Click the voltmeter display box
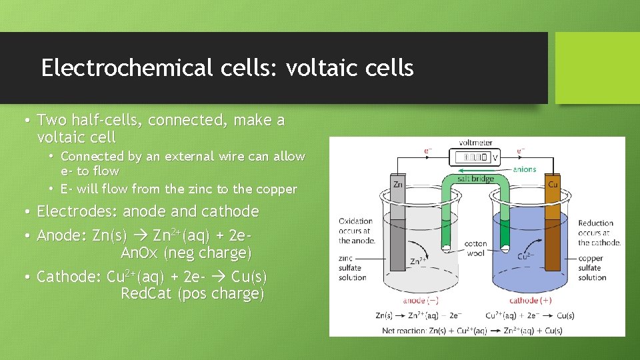[x=473, y=158]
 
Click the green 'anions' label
[x=524, y=169]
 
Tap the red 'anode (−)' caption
[x=421, y=301]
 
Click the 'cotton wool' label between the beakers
[x=475, y=249]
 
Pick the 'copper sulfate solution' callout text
[x=592, y=268]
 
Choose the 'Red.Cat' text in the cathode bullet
[x=147, y=293]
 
